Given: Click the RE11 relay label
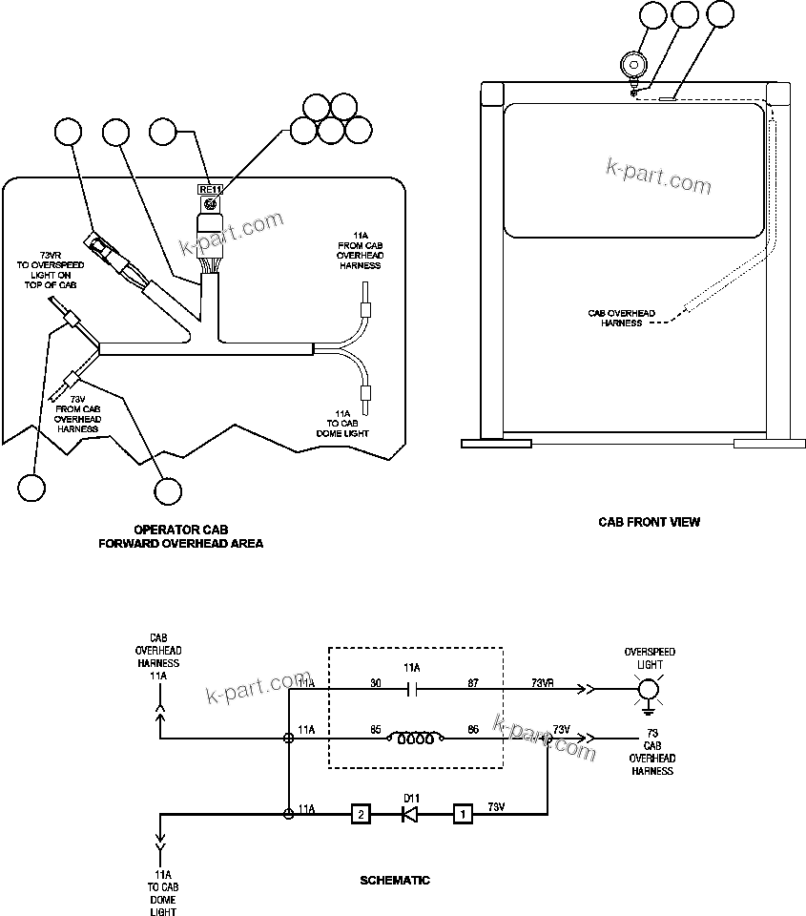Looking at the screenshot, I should pos(209,189).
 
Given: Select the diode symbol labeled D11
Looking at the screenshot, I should pos(410,814).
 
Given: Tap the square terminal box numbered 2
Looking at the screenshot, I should pos(360,814).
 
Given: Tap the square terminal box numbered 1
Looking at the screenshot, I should pos(462,814).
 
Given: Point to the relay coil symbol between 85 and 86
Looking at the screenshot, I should pos(414,738).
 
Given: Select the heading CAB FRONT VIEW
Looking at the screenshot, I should pos(649,522).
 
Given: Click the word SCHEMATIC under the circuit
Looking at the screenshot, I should pos(394,881).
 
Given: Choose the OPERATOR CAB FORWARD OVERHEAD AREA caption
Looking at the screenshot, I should pos(180,536).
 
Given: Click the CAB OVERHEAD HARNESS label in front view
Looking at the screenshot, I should pos(621,318).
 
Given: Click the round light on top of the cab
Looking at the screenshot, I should pos(632,65).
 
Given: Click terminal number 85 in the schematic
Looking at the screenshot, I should pos(376,730).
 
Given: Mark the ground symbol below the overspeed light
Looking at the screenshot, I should pos(649,708).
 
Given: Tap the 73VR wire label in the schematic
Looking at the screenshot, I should pos(544,683).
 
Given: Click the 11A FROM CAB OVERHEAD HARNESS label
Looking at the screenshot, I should pos(360,250).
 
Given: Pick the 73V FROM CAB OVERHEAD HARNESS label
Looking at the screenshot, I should pos(77,413).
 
